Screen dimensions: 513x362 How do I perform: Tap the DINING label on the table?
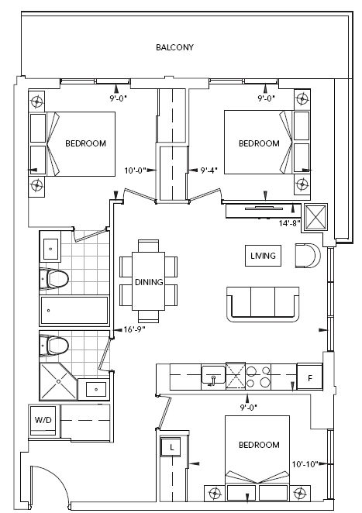pos(148,282)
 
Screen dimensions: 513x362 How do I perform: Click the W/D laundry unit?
pos(42,419)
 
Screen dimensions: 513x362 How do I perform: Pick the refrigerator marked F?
pos(310,378)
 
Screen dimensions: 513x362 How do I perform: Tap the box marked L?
pos(171,447)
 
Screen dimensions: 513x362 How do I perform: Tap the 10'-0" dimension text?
pos(135,170)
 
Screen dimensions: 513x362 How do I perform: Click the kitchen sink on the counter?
pos(212,377)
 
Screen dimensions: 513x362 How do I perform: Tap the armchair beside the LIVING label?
pos(307,255)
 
